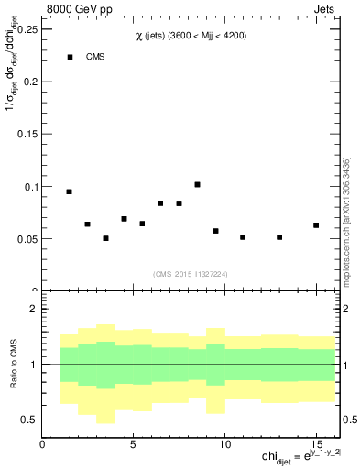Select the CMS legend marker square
[x=70, y=57]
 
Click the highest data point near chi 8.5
[x=197, y=184]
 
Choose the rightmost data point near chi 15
[x=316, y=224]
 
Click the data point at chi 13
[x=279, y=237]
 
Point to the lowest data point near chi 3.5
[x=105, y=238]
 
